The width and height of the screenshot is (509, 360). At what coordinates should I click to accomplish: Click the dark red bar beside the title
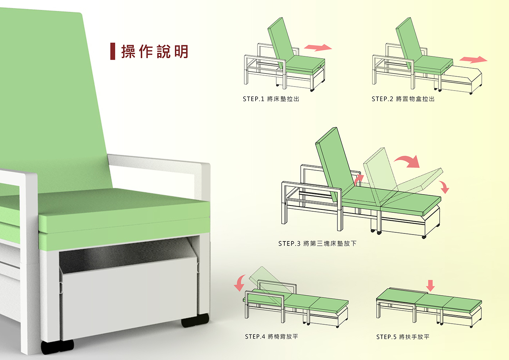tap(112, 51)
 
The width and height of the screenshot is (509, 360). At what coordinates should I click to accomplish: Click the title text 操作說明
tap(155, 51)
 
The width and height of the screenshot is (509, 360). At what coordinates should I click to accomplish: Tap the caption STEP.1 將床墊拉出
tap(271, 99)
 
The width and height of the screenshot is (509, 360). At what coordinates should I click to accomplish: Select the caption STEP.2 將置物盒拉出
tap(403, 99)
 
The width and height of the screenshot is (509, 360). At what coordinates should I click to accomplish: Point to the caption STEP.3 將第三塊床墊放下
tap(317, 243)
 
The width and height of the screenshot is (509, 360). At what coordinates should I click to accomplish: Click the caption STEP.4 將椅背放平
tap(271, 336)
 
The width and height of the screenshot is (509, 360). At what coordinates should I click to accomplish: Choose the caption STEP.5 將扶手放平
tap(403, 337)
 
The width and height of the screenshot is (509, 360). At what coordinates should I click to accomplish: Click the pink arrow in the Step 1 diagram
tap(318, 47)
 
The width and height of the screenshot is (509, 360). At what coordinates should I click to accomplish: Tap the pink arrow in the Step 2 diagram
tap(473, 60)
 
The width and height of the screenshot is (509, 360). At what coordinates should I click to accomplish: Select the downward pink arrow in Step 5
tap(430, 285)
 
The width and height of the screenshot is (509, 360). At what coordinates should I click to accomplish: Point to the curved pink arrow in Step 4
tap(239, 283)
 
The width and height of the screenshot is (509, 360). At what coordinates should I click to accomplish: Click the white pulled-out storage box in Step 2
tap(461, 80)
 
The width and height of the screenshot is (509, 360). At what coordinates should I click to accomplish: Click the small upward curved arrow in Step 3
tap(359, 180)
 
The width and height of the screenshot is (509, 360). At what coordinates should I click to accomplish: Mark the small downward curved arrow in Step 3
tap(444, 187)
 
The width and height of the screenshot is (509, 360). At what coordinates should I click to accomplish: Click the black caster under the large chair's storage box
tap(195, 320)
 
